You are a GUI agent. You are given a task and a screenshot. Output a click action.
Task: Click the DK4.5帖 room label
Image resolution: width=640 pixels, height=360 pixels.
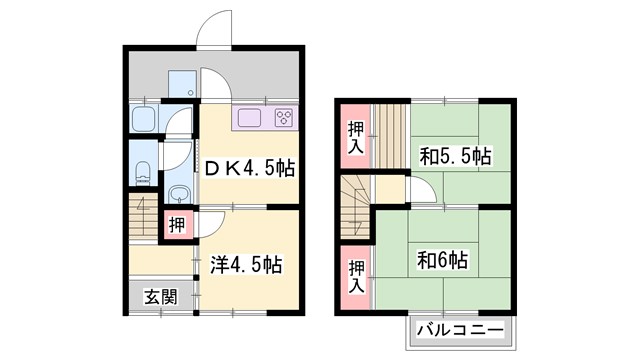[249, 169]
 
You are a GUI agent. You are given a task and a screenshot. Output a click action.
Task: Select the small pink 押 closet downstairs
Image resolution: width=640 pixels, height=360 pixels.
[176, 224]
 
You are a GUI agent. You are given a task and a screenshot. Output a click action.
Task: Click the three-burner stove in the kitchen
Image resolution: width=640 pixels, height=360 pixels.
[282, 119]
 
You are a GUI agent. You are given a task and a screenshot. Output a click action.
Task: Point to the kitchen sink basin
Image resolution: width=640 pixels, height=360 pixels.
[248, 120]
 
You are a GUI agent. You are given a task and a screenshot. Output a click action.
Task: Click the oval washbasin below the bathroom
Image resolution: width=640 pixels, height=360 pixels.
[181, 193]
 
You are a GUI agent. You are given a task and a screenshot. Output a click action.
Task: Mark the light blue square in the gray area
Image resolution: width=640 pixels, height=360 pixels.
[181, 84]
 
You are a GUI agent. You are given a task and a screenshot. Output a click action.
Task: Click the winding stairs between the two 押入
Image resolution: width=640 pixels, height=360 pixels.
[355, 204]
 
